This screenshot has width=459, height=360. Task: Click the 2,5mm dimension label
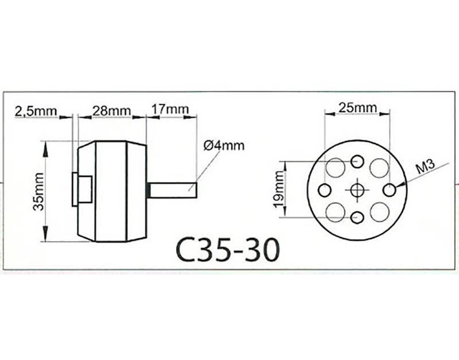[x=36, y=111]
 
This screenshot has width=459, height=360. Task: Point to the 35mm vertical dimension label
[x=38, y=192]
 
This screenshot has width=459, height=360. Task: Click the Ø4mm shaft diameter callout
[x=224, y=145]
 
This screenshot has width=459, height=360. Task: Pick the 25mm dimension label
[x=357, y=108]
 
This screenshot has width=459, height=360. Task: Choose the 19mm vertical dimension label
[x=279, y=189]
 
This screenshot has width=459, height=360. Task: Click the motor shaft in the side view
[x=173, y=191]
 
